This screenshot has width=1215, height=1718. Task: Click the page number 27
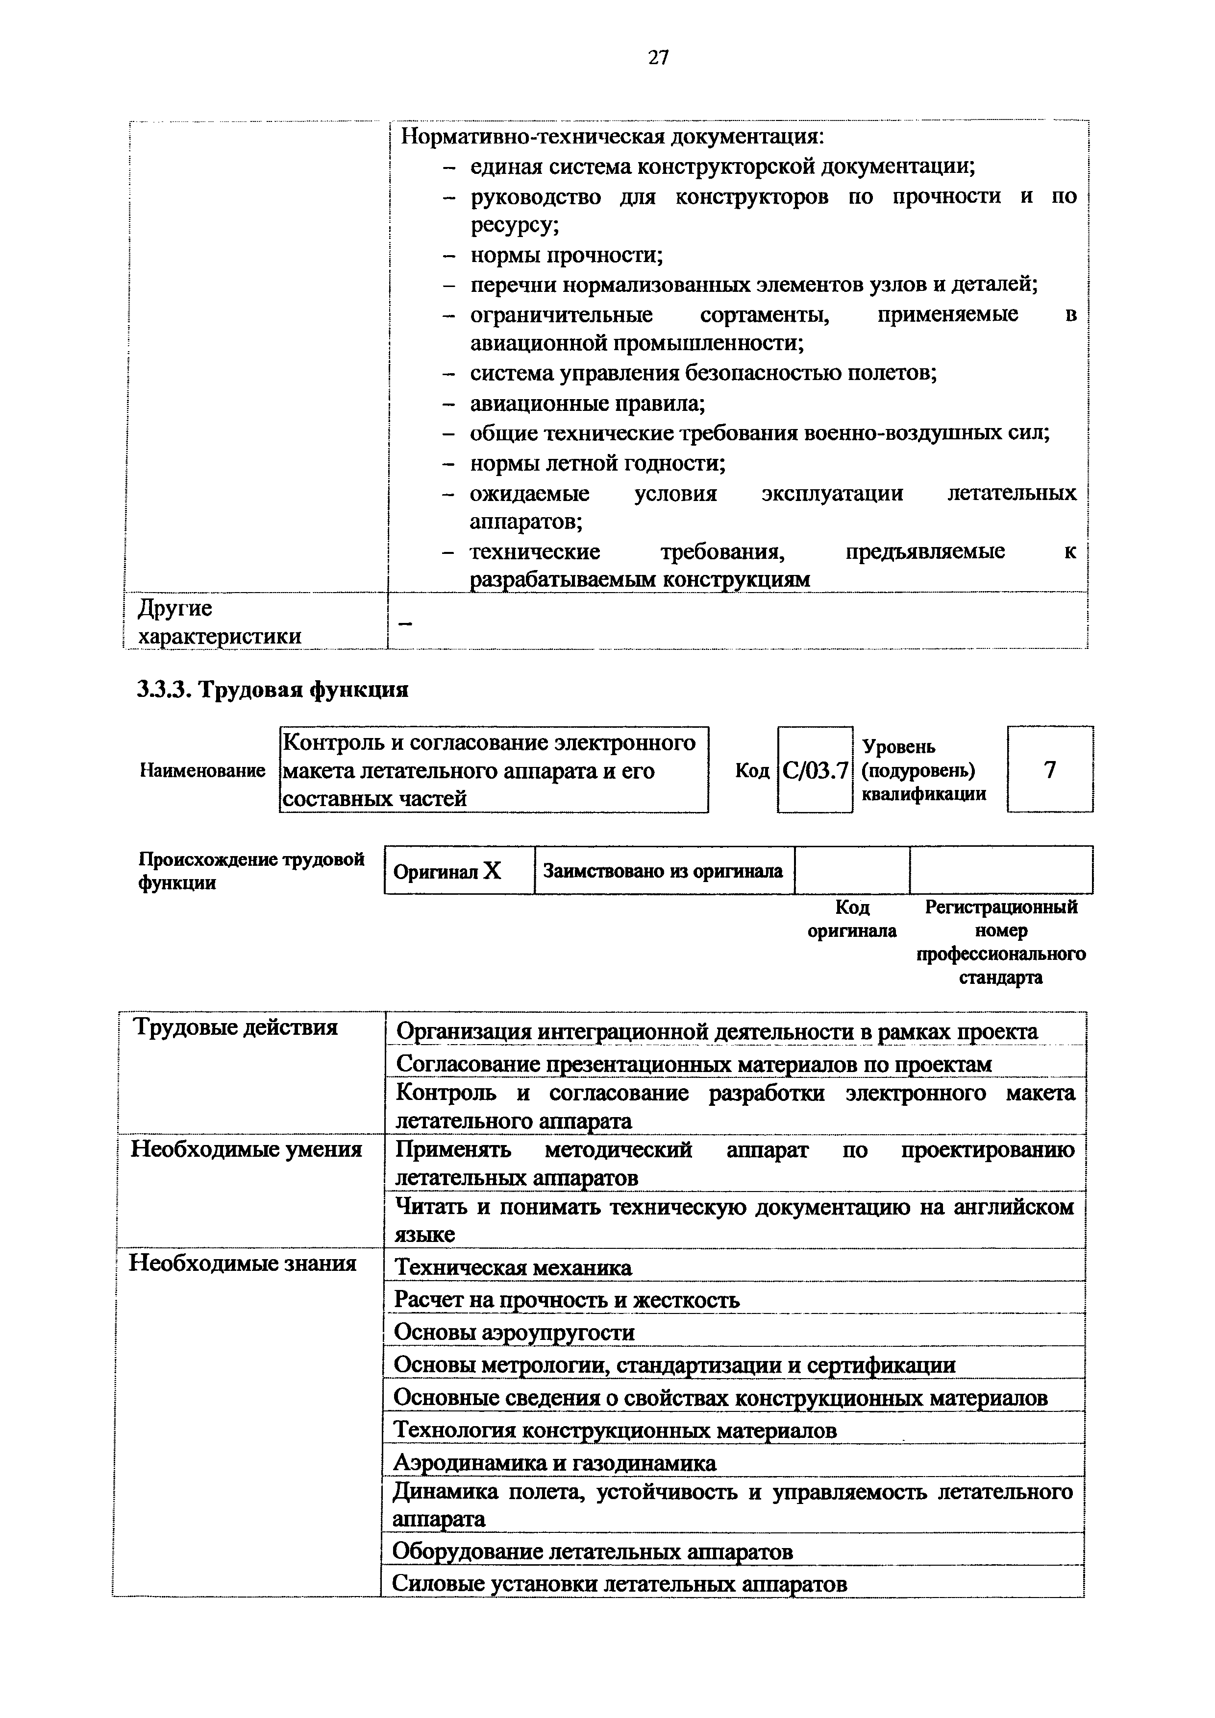coord(658,58)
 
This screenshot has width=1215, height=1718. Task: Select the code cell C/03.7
coord(815,770)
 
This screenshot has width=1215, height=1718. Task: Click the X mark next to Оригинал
coord(492,871)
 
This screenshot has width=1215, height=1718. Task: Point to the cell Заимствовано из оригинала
coord(663,871)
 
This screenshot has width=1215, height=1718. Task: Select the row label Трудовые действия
coord(235,1028)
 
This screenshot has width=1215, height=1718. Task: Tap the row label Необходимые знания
coord(243,1264)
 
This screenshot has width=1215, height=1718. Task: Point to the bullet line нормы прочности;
coord(566,256)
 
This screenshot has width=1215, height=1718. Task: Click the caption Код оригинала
coord(852,919)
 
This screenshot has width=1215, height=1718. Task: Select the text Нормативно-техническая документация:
coord(612,138)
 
